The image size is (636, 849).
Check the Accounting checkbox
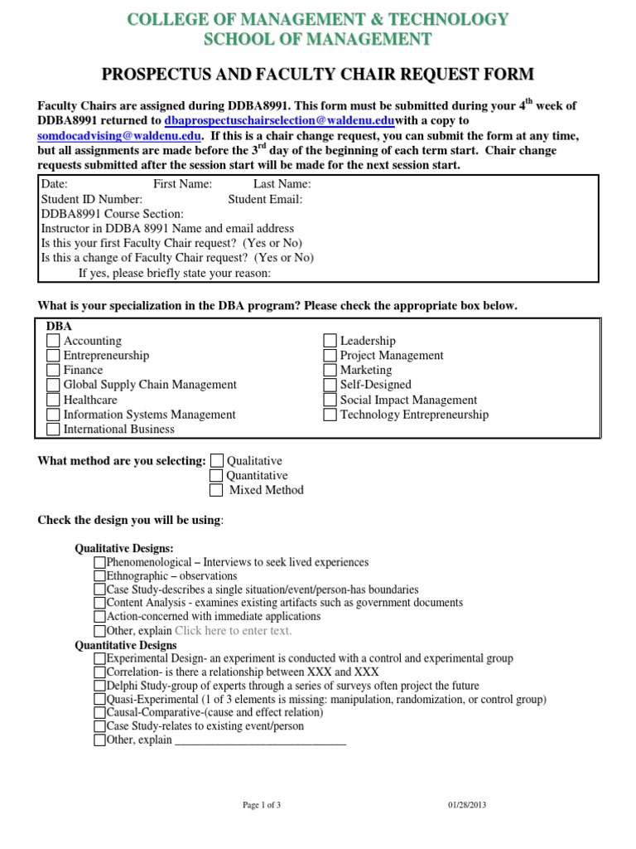point(53,341)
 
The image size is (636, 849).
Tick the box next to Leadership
point(330,341)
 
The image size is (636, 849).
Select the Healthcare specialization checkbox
point(53,400)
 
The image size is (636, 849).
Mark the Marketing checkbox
point(330,370)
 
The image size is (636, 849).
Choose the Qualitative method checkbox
point(217,460)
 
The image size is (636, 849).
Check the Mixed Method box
point(217,490)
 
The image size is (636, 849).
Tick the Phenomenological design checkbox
point(100,562)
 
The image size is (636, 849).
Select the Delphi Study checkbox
point(100,686)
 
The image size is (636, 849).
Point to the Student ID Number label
point(92,199)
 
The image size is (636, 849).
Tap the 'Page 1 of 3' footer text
point(262,804)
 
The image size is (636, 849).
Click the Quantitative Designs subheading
point(126,645)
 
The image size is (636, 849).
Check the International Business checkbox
point(53,429)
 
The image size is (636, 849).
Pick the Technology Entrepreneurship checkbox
point(330,415)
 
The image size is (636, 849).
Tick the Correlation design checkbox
point(100,672)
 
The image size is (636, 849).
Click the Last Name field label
point(282,184)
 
